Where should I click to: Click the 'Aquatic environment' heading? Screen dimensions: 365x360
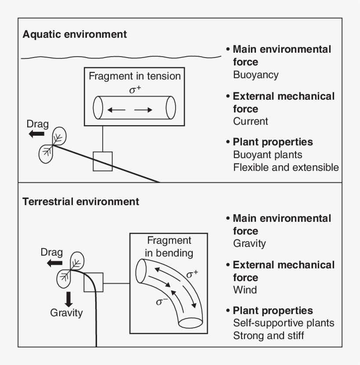point(75,34)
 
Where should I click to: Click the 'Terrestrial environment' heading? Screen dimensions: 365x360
point(81,202)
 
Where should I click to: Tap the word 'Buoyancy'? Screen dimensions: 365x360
point(256,75)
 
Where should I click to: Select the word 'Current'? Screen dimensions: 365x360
point(250,121)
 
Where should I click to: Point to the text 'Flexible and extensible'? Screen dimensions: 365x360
point(286,167)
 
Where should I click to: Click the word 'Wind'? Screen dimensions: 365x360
point(245,290)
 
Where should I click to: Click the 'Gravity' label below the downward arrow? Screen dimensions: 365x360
point(66,313)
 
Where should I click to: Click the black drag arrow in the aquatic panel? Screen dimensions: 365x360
point(37,134)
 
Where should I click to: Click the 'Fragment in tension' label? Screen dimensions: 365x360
point(135,76)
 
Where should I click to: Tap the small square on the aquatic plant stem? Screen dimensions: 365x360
point(103,161)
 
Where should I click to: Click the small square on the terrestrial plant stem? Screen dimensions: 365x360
point(93,282)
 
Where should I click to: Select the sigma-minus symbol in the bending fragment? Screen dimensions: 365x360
point(162,302)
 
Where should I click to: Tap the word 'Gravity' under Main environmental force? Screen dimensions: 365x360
point(249,243)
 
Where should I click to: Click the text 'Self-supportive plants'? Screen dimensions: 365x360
point(284,323)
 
